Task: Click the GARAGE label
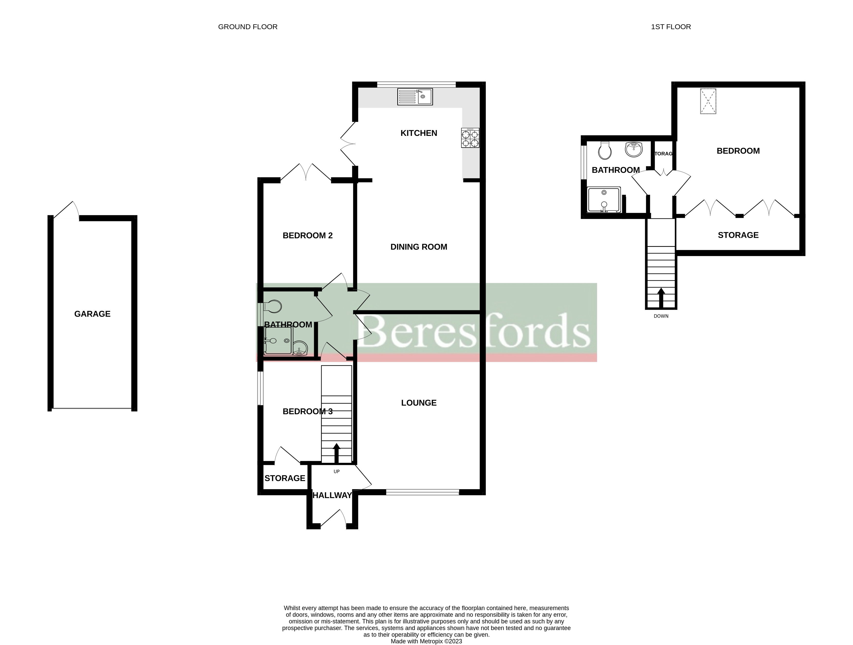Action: [92, 314]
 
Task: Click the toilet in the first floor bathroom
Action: [605, 150]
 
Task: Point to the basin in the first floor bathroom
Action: [634, 150]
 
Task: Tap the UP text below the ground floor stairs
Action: [336, 471]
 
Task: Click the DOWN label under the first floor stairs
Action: [661, 316]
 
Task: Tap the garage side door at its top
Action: [66, 210]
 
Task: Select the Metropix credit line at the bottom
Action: [426, 641]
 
